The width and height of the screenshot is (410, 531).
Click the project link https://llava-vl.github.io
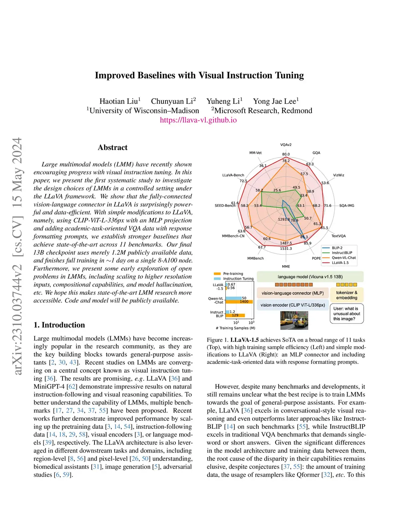click(x=198, y=120)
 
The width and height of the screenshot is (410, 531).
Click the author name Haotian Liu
click(x=119, y=101)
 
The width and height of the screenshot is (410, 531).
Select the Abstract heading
click(x=113, y=147)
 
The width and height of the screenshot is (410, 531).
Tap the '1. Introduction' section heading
click(x=59, y=325)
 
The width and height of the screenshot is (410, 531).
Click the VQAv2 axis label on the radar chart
click(x=286, y=145)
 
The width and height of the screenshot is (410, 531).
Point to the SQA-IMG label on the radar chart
click(x=346, y=206)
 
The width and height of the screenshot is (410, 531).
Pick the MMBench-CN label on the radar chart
click(x=233, y=236)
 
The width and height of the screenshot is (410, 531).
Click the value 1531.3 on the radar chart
click(x=286, y=248)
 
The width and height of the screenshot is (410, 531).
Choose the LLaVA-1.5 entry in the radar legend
click(x=340, y=263)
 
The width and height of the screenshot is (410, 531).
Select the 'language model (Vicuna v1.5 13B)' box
click(x=310, y=277)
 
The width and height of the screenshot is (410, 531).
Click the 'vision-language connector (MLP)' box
click(x=293, y=293)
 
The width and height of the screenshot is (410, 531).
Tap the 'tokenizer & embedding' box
click(x=347, y=295)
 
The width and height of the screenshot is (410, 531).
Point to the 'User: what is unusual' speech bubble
click(x=347, y=314)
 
